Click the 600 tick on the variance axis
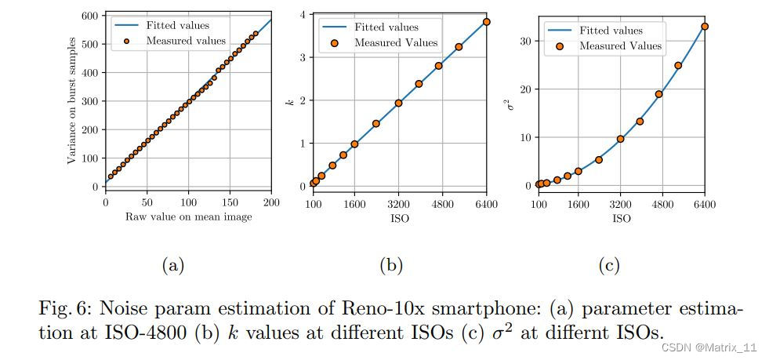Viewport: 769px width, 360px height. (92, 16)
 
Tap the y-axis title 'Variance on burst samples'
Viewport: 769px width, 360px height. (71, 100)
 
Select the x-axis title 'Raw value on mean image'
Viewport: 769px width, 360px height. (188, 216)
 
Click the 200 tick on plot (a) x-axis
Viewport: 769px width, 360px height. (271, 202)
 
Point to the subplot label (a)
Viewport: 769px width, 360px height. (172, 266)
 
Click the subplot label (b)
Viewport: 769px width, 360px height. (390, 266)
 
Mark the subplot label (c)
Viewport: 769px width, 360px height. (609, 266)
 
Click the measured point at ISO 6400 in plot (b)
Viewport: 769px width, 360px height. (487, 22)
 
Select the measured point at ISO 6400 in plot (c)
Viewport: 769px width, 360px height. (705, 26)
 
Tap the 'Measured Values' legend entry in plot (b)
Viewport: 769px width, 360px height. (396, 42)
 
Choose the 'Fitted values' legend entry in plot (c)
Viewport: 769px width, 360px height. (611, 31)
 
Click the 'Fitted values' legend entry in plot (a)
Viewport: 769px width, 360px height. (176, 26)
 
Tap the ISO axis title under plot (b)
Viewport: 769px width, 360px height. (400, 218)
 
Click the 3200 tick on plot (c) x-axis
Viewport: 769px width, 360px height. (621, 204)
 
